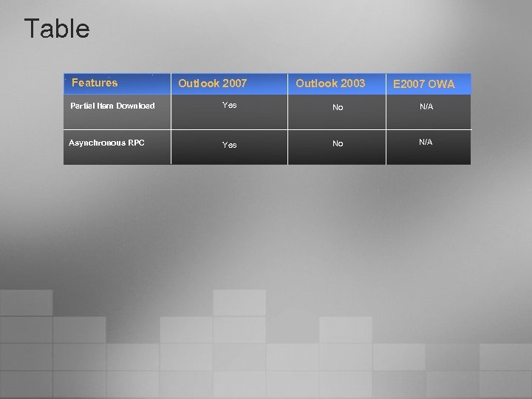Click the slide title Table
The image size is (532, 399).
tap(57, 29)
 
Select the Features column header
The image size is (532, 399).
tap(95, 83)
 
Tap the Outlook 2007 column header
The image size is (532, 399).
tap(212, 83)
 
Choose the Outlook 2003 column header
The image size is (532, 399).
tap(330, 83)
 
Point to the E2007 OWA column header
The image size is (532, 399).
tap(423, 84)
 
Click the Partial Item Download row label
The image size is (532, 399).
tap(112, 106)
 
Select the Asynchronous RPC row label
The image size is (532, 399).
tap(106, 143)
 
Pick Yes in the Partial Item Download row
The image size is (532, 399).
tap(230, 106)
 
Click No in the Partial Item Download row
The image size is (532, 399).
tap(338, 107)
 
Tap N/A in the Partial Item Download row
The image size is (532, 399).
tap(426, 107)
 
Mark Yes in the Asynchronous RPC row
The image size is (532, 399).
tap(230, 145)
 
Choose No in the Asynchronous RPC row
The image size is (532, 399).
tap(338, 143)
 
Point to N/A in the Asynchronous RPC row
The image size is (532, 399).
tap(426, 142)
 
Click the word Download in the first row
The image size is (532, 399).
tap(135, 106)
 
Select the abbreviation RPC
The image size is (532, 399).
tap(136, 143)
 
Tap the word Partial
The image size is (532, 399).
tap(82, 106)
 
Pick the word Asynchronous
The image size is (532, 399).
tap(97, 143)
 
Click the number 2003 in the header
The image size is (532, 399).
tap(352, 83)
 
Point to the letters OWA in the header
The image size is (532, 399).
tap(441, 84)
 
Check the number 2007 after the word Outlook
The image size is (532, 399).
tap(233, 83)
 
